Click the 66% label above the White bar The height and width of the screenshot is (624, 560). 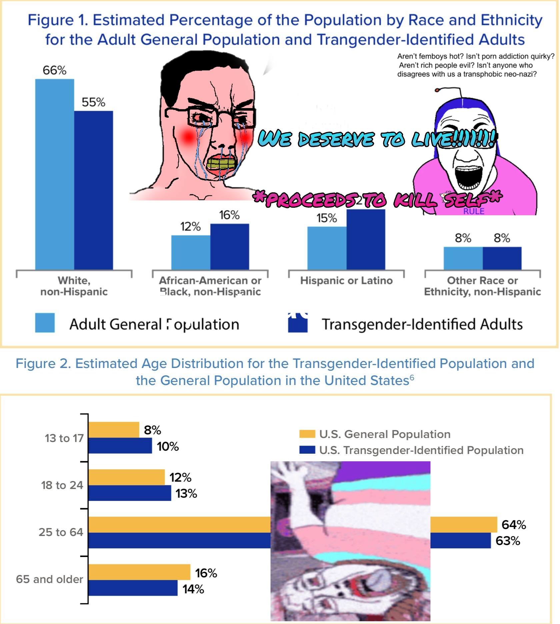click(x=54, y=70)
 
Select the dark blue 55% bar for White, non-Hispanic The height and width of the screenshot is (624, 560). click(x=94, y=190)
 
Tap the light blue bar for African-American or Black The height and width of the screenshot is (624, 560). click(x=191, y=252)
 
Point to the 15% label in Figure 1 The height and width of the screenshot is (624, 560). click(x=327, y=218)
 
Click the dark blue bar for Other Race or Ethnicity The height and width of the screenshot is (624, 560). click(x=502, y=258)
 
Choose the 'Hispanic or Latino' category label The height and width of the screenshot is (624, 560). click(x=346, y=281)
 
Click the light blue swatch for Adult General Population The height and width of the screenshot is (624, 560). click(x=45, y=323)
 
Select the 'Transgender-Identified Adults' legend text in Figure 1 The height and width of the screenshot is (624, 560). click(x=422, y=324)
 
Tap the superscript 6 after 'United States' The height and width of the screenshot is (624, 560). click(x=412, y=377)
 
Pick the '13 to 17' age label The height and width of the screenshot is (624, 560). click(x=64, y=438)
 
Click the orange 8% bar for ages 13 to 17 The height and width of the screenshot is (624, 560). click(x=114, y=430)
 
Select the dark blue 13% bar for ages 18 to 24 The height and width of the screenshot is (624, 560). click(x=130, y=493)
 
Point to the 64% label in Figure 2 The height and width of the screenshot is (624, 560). click(x=514, y=525)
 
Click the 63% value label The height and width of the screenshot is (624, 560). click(x=508, y=541)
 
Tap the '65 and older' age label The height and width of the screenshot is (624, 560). click(x=49, y=579)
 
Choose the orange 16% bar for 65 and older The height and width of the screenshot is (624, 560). click(x=139, y=572)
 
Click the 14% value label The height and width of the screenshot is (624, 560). click(x=193, y=589)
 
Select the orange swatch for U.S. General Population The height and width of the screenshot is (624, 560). click(x=307, y=434)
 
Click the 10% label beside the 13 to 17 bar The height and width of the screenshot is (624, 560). click(x=168, y=446)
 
